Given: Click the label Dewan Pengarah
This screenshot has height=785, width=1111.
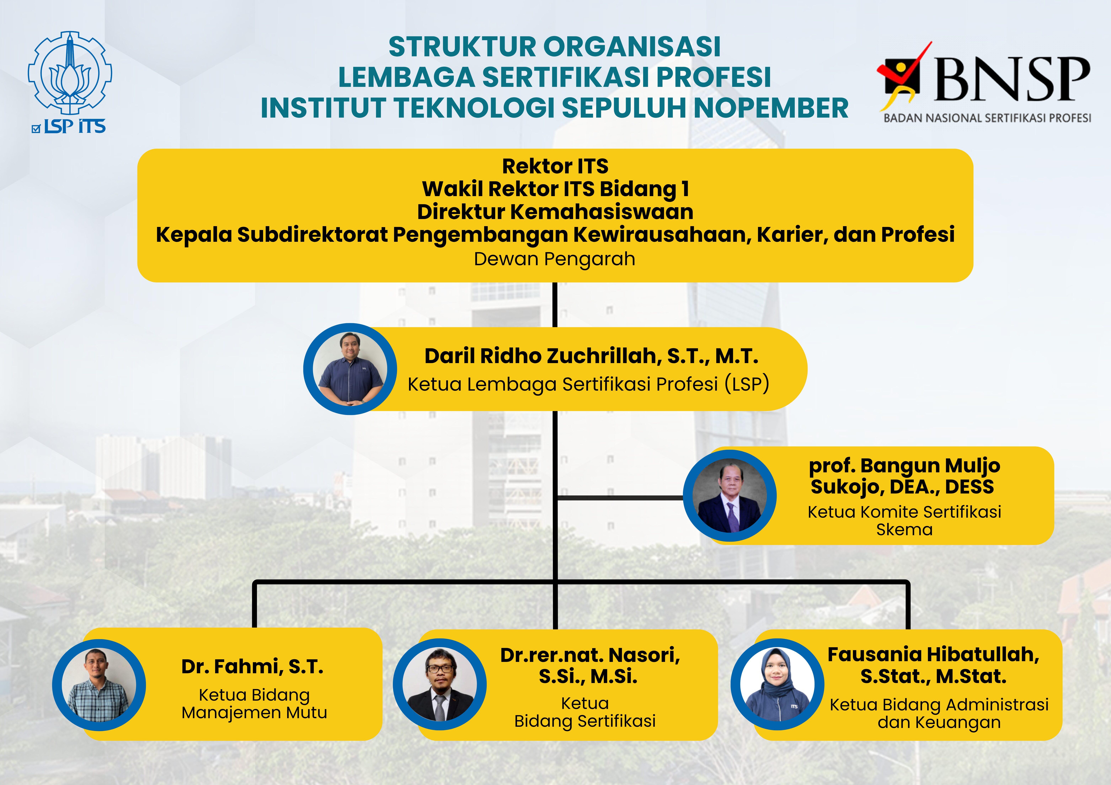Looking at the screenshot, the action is pos(555,259).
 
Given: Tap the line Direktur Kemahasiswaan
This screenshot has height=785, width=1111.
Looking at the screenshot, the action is pos(555,212).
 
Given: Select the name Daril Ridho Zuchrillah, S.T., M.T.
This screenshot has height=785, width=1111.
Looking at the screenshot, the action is pos(591,356).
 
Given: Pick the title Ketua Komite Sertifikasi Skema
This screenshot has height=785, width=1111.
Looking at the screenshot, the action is pos(904,520).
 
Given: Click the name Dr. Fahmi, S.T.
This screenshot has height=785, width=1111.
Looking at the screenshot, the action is pos(252,667).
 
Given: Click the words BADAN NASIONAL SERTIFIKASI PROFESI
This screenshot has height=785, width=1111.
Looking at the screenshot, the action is pos(987,118).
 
